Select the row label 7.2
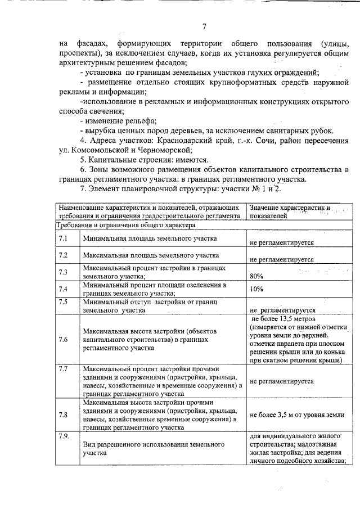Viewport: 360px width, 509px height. coord(64,256)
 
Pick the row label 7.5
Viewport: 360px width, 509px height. coord(64,303)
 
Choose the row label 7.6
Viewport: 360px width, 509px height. coord(64,340)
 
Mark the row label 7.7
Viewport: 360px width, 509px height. coord(64,369)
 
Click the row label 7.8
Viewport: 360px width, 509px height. coord(64,415)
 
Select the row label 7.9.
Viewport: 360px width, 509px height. coord(64,436)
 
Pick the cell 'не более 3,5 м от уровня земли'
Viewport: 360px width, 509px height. coord(296,415)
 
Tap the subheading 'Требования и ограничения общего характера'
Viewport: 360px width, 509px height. coord(125,225)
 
